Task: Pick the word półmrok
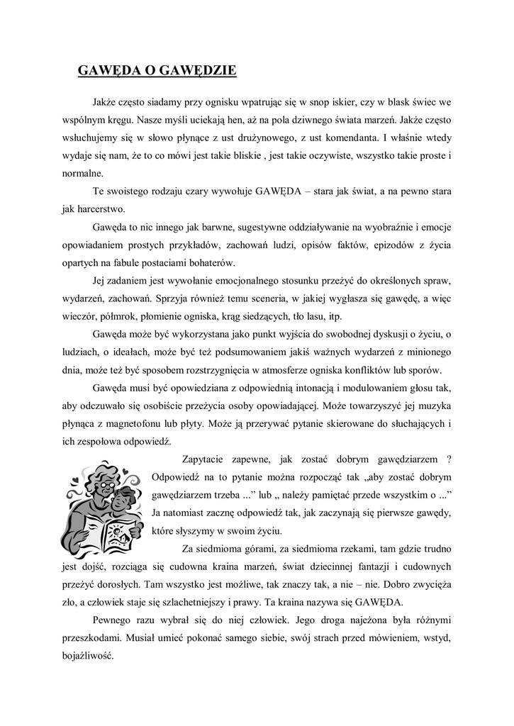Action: [118, 317]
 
